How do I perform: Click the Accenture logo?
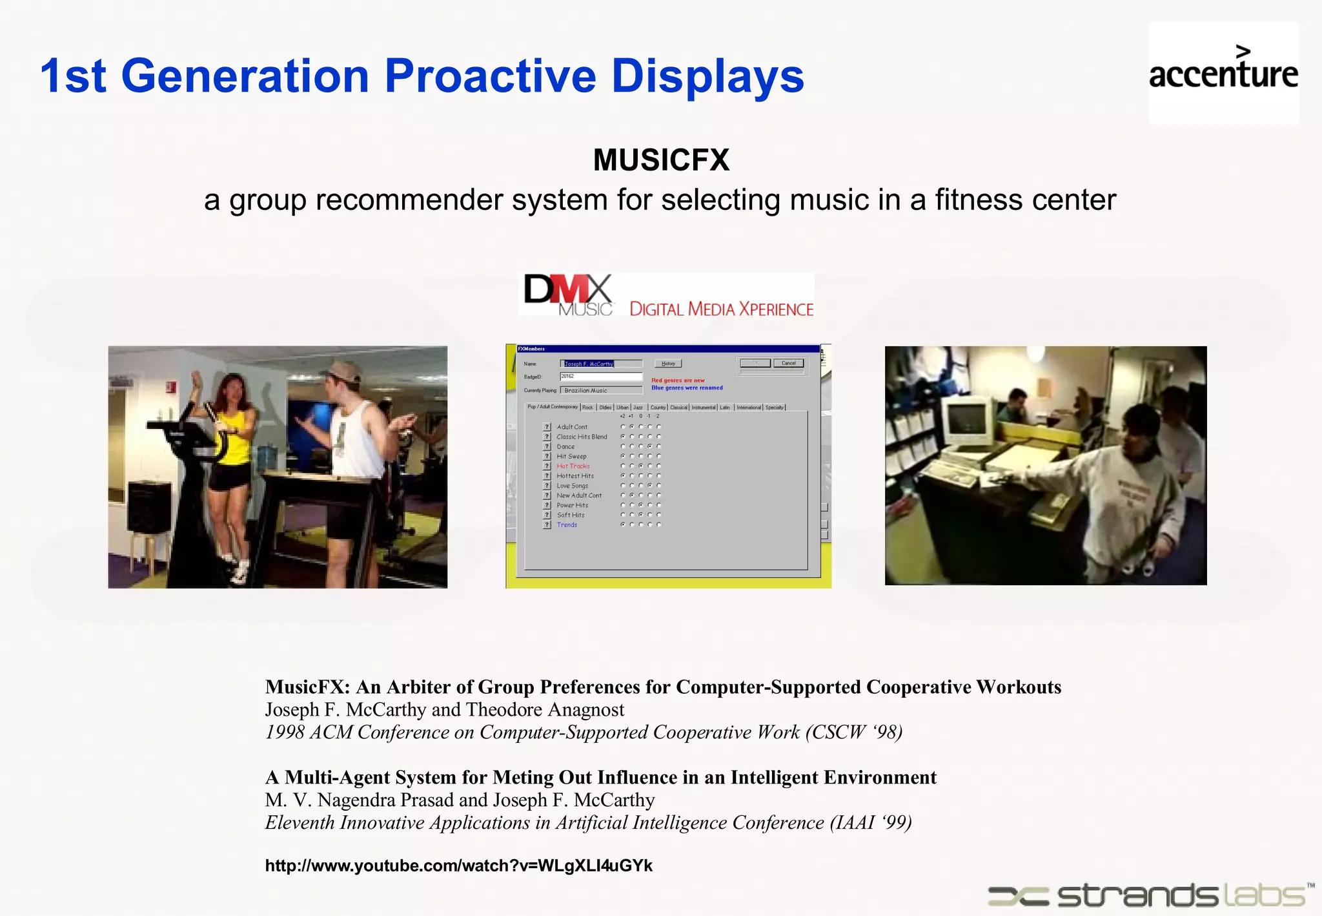tap(1223, 72)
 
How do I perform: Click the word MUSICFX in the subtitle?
tap(661, 160)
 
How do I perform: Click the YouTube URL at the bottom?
tap(458, 866)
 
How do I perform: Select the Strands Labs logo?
tap(1149, 895)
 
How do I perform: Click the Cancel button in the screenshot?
tap(788, 363)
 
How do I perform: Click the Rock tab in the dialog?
tap(587, 408)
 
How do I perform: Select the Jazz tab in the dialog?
tap(638, 408)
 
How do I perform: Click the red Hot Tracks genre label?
tap(573, 466)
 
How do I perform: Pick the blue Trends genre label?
tap(567, 525)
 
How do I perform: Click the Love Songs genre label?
tap(573, 486)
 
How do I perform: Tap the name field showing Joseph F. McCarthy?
tap(600, 364)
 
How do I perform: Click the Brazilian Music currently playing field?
tap(600, 390)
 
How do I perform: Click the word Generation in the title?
tap(245, 76)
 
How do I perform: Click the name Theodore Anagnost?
tap(545, 709)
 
